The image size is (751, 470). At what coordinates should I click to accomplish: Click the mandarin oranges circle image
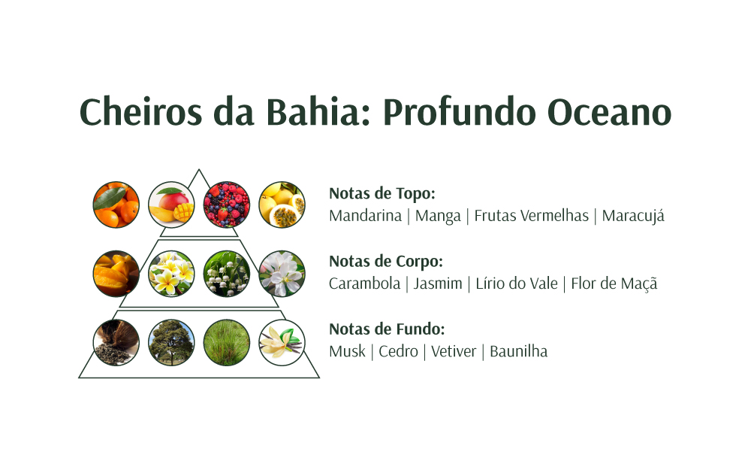click(116, 205)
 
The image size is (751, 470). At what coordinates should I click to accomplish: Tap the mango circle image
click(171, 205)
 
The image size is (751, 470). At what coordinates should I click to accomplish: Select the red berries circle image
click(227, 205)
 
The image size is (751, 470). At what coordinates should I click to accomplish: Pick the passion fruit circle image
click(282, 205)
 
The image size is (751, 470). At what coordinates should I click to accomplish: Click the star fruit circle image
click(116, 274)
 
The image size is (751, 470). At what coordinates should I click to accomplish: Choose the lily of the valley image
click(227, 274)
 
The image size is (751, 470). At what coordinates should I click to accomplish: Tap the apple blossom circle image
click(282, 274)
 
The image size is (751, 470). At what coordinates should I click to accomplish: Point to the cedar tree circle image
click(171, 343)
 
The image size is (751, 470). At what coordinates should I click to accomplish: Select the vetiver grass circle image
click(227, 343)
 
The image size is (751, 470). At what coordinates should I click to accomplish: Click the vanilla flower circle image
click(282, 343)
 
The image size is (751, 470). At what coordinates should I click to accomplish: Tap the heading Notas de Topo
click(382, 193)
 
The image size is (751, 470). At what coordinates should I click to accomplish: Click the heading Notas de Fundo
click(387, 329)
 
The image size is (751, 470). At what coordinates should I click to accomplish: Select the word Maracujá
click(633, 217)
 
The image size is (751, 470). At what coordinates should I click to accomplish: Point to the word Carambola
click(364, 284)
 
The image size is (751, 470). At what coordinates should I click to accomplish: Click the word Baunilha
click(518, 351)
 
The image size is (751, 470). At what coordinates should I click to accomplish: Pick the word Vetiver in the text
click(454, 351)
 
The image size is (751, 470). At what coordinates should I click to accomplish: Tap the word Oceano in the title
click(609, 112)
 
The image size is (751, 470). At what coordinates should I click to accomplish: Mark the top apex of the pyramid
click(199, 169)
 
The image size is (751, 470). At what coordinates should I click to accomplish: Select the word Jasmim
click(438, 284)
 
